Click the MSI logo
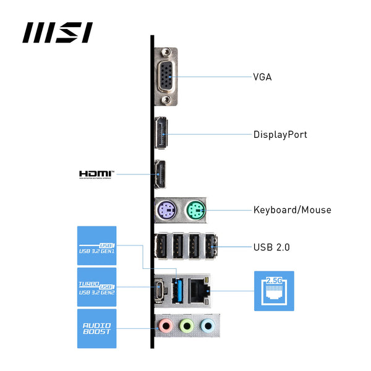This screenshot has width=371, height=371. tap(58, 32)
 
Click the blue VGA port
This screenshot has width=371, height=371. tap(164, 77)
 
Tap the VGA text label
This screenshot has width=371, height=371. tap(262, 77)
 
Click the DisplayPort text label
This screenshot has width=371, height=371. tap(280, 134)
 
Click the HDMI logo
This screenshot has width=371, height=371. tap(97, 174)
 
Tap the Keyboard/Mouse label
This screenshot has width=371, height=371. tap(292, 210)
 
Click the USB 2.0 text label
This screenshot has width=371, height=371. tap(271, 247)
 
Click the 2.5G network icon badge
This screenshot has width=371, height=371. tap(274, 291)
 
